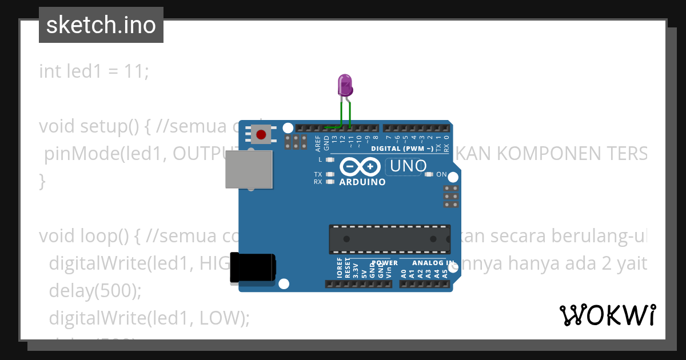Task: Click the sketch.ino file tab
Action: tap(101, 25)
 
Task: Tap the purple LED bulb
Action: tap(345, 85)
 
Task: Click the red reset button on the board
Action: tap(261, 135)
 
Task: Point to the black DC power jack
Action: tap(252, 267)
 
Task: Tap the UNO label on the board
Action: tap(407, 166)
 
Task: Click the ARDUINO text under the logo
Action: tap(362, 182)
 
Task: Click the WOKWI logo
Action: tap(607, 315)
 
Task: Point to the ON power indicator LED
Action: tap(429, 174)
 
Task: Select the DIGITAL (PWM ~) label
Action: tap(402, 149)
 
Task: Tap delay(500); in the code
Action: tap(94, 291)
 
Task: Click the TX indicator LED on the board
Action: tap(329, 174)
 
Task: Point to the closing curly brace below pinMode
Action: tap(42, 181)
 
